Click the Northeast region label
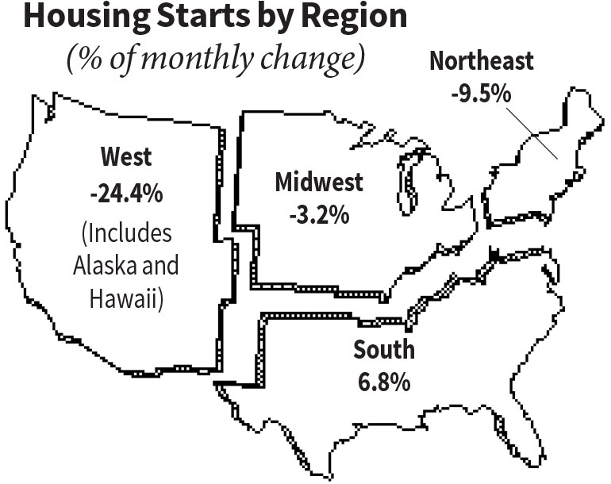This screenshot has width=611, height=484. click(482, 61)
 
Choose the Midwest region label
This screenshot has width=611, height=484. click(318, 182)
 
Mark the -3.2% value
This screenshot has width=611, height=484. click(317, 213)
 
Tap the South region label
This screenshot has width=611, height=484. click(382, 350)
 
